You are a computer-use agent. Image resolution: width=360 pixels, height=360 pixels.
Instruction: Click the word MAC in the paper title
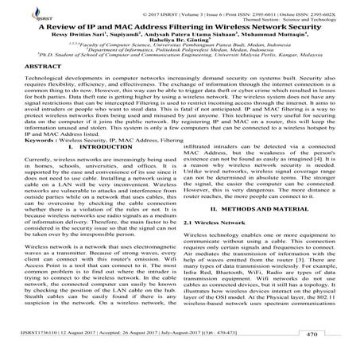pyautogui.click(x=122, y=25)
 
